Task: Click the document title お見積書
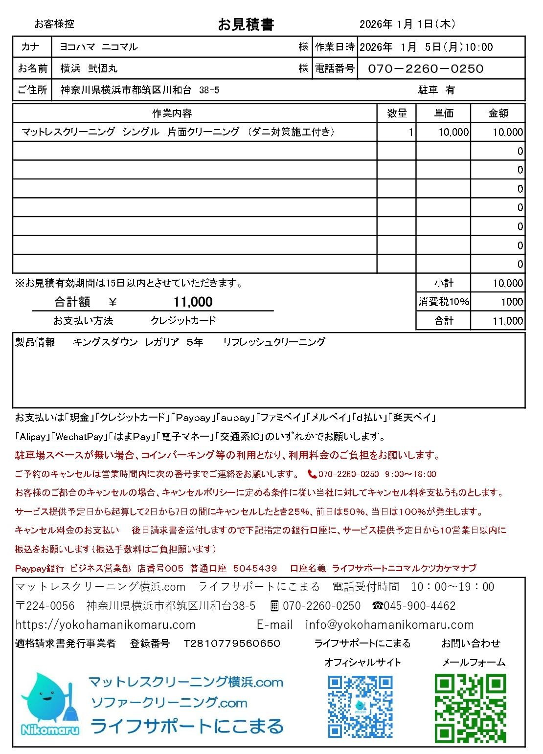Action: (x=246, y=24)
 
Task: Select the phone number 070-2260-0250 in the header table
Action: (x=426, y=69)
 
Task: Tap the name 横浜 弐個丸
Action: (x=89, y=69)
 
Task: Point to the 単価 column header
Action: (x=443, y=113)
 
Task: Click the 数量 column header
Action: (x=397, y=113)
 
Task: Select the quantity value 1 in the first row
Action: (x=410, y=132)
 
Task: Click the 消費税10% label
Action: (x=443, y=302)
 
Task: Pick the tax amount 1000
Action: (x=512, y=302)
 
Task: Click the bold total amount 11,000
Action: (x=193, y=302)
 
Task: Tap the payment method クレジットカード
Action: (x=183, y=321)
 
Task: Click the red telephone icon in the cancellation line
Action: (x=312, y=474)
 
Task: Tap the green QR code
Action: (x=470, y=707)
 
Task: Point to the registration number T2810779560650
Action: (x=232, y=643)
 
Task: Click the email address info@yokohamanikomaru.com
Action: (x=389, y=625)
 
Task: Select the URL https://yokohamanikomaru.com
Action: (x=106, y=625)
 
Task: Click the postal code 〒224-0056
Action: (x=45, y=606)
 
